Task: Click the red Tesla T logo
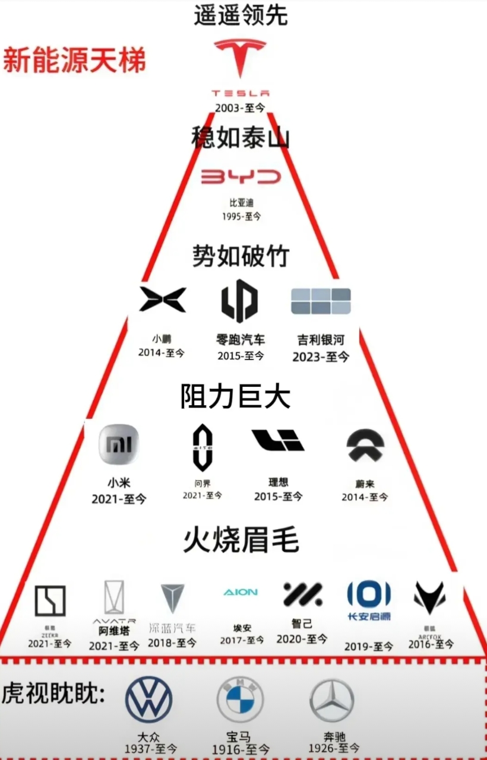click(241, 56)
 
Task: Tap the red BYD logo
click(241, 177)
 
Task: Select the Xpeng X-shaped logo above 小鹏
click(162, 299)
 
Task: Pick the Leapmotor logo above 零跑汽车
click(239, 301)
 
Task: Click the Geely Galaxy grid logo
click(321, 301)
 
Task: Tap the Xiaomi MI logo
click(119, 444)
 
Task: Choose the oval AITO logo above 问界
click(203, 450)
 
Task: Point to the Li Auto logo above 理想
click(277, 440)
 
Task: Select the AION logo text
click(241, 592)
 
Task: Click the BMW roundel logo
click(240, 701)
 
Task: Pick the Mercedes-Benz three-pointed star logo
click(331, 701)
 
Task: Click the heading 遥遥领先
click(241, 15)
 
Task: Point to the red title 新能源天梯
click(74, 61)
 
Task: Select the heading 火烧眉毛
click(241, 540)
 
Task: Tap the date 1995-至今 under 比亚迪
click(241, 217)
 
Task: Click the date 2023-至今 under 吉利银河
click(321, 357)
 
